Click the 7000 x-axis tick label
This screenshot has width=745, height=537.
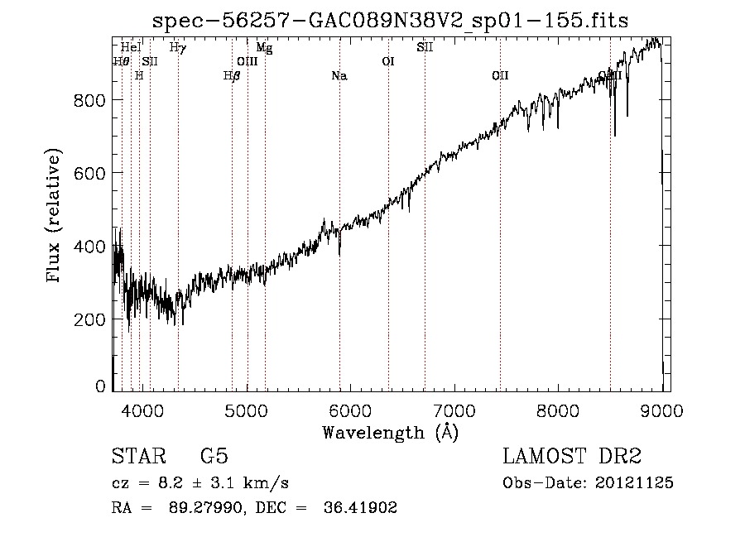(454, 410)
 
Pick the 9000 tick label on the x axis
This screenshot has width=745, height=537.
(662, 410)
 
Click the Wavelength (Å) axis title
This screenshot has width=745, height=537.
(390, 432)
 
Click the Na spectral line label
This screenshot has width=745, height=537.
(339, 76)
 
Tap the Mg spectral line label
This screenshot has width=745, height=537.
(264, 48)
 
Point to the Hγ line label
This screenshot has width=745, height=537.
(178, 48)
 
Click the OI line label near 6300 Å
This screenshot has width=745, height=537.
(387, 61)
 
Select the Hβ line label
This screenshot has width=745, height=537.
(232, 76)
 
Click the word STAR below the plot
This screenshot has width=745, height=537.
(137, 457)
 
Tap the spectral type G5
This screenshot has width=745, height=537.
(214, 457)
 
